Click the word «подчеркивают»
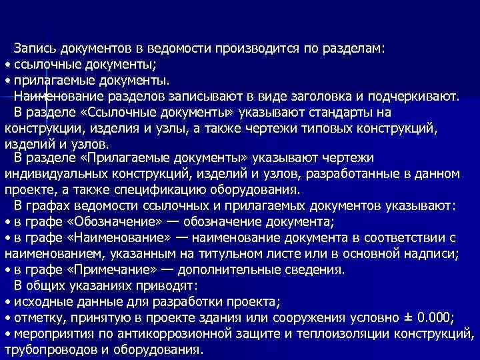417,96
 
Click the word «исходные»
41,301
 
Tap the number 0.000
434,317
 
